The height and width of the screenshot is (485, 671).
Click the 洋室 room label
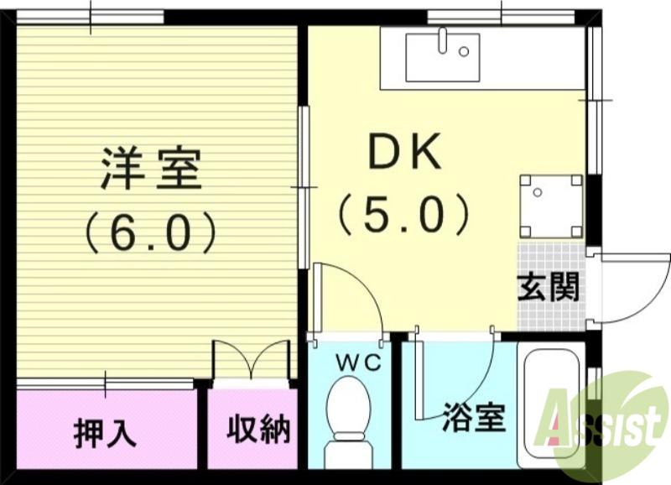(x=152, y=168)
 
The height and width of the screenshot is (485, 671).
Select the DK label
(x=404, y=153)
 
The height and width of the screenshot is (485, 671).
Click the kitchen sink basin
(x=442, y=58)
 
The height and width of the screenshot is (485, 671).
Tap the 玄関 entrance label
(x=548, y=288)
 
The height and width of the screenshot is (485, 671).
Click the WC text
(x=359, y=363)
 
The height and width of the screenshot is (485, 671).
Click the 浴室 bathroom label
(x=474, y=417)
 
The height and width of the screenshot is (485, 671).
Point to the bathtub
(x=550, y=403)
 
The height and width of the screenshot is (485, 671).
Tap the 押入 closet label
(x=105, y=431)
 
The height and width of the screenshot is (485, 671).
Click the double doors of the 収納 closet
(x=249, y=361)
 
